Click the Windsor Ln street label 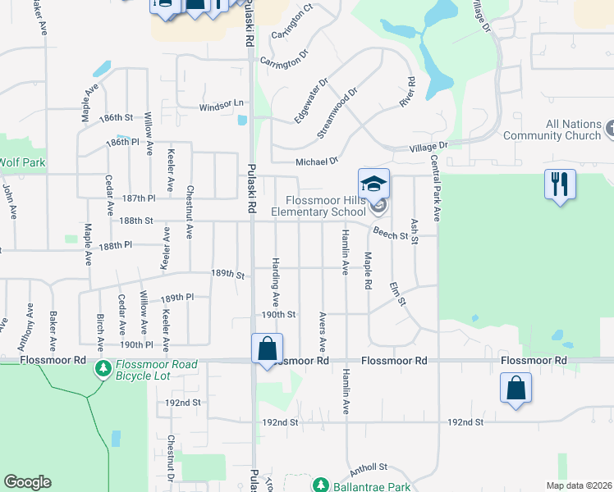pyautogui.click(x=222, y=104)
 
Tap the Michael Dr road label pyautogui.click(x=317, y=162)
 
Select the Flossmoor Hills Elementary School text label pyautogui.click(x=326, y=207)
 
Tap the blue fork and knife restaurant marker pyautogui.click(x=560, y=184)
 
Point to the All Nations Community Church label pyautogui.click(x=562, y=130)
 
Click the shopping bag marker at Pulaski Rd pyautogui.click(x=268, y=349)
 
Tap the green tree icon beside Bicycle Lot pyautogui.click(x=103, y=370)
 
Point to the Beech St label pyautogui.click(x=390, y=235)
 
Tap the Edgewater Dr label pyautogui.click(x=312, y=101)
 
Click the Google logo pyautogui.click(x=28, y=482)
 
